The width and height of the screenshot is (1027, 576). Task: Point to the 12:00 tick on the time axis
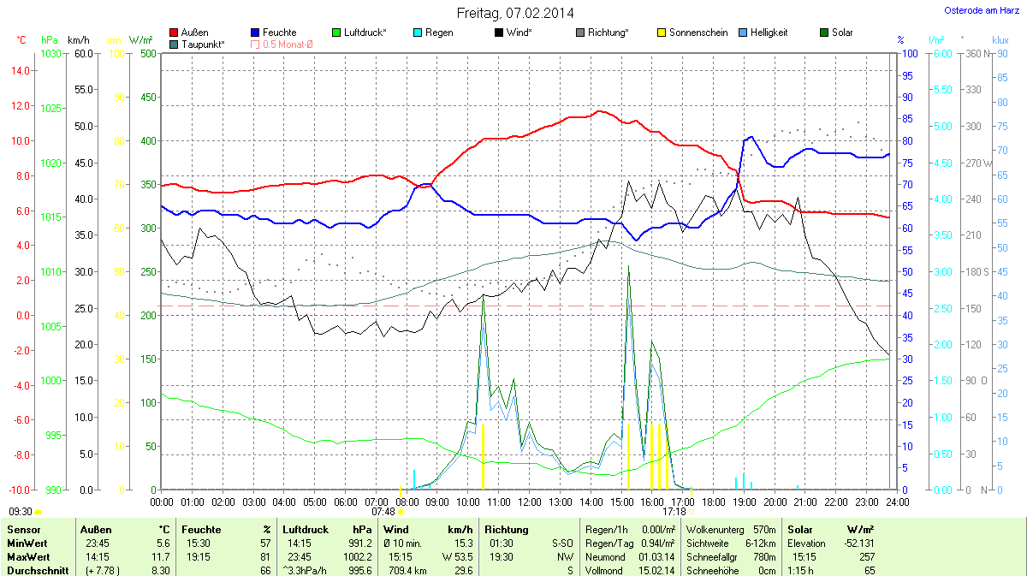(529, 502)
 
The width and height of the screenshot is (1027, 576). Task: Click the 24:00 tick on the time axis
(897, 502)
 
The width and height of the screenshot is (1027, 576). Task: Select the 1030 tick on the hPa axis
(51, 54)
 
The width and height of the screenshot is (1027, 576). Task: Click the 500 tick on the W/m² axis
(147, 54)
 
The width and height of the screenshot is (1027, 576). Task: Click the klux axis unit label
(1000, 40)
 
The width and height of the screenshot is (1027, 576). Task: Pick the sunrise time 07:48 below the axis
(383, 512)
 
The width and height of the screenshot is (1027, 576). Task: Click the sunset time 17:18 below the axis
(674, 512)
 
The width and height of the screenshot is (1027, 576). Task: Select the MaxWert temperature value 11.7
(160, 557)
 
